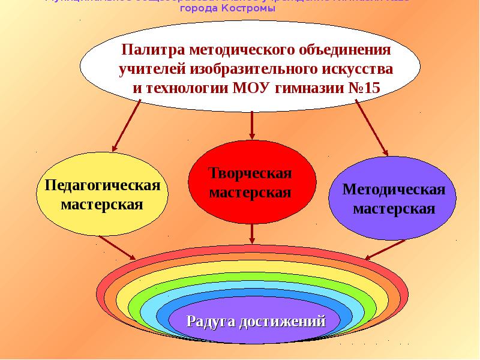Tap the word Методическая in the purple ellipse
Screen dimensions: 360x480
click(394, 190)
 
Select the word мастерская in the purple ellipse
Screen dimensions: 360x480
click(394, 209)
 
